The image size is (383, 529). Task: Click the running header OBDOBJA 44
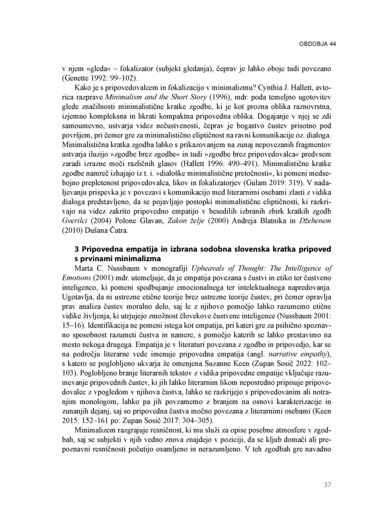click(317, 44)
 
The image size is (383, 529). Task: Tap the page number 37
click(327, 485)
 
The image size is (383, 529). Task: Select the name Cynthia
click(265, 88)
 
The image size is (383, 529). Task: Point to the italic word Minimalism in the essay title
click(121, 97)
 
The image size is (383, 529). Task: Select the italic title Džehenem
click(315, 221)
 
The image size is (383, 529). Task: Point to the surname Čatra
click(118, 230)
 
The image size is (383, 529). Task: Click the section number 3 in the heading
click(77, 249)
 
